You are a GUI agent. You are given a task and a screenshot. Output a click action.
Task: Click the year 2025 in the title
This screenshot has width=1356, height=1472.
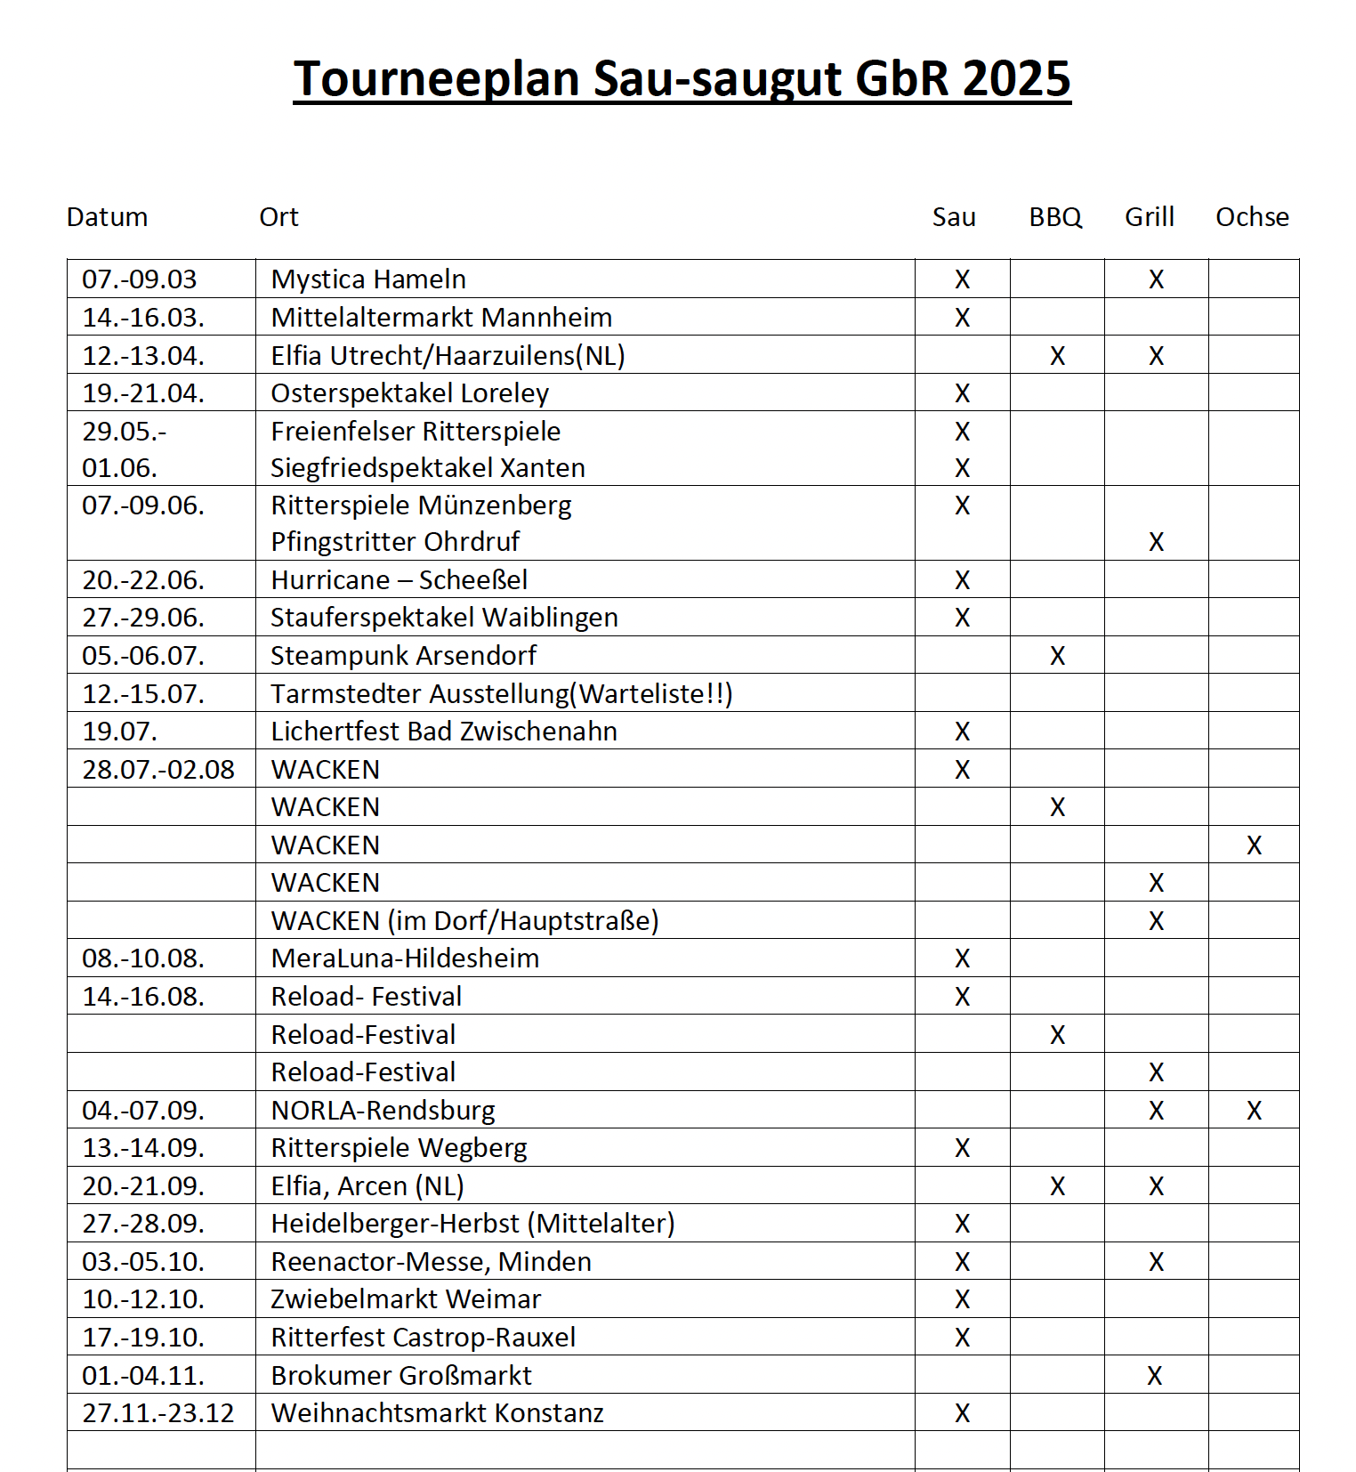(1016, 78)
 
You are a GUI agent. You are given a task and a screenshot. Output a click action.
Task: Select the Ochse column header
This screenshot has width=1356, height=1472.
(1252, 217)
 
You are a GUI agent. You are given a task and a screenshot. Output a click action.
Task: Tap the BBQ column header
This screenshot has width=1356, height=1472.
(1055, 217)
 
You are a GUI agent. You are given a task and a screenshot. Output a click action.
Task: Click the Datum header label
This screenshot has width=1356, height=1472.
(107, 217)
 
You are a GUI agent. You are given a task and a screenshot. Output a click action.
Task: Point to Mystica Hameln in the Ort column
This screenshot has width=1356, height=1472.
(368, 279)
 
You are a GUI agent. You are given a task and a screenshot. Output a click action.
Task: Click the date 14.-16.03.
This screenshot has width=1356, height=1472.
(143, 318)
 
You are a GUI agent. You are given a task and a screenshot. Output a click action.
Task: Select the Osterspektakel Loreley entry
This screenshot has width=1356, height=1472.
(409, 393)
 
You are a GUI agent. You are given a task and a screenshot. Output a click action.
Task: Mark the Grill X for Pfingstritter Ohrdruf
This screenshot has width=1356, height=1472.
(1156, 542)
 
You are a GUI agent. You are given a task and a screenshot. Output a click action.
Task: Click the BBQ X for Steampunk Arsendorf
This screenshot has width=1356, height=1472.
(1057, 656)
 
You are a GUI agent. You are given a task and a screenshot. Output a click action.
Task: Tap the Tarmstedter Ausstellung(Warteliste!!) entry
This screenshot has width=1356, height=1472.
(501, 693)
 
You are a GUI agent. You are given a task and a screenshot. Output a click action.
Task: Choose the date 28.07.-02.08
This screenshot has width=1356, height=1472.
(158, 770)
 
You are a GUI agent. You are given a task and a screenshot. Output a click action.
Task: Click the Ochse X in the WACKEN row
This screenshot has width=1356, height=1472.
(1254, 845)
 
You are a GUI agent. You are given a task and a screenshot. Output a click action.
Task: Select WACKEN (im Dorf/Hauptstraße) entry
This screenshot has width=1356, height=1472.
(464, 921)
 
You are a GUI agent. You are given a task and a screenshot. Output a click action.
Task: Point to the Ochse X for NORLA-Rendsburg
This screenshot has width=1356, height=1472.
(1254, 1111)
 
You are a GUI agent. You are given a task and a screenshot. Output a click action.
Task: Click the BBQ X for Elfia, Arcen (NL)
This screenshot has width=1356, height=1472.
(1057, 1186)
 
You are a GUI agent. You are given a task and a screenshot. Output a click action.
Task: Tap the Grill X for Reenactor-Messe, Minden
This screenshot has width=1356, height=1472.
(1156, 1262)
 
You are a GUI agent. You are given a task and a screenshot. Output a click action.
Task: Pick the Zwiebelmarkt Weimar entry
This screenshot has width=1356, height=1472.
(406, 1299)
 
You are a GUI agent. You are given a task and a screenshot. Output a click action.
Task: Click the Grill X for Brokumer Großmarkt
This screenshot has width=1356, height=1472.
(1154, 1376)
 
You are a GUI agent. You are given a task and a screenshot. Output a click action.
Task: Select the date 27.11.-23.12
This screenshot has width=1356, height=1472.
(158, 1413)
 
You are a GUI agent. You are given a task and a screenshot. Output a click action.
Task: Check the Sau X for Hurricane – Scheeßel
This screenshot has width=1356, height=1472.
(962, 580)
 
